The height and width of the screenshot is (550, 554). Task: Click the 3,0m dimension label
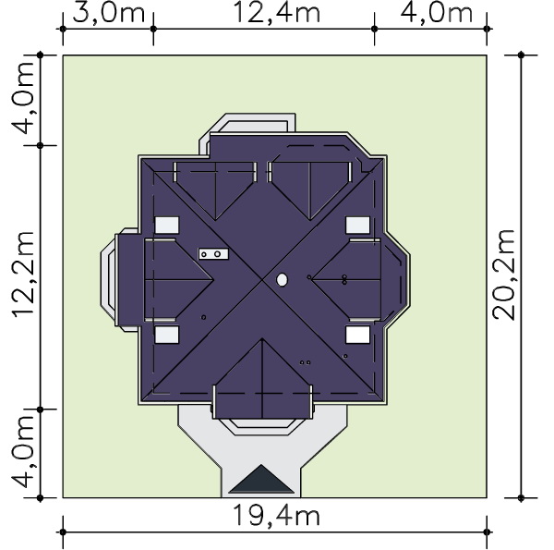109,14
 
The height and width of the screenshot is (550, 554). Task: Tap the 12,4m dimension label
277,14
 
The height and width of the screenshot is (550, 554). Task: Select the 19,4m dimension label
277,516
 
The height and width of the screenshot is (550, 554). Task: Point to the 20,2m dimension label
504,275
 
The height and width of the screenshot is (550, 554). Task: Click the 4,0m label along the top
437,14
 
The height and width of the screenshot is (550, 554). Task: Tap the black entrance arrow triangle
261,479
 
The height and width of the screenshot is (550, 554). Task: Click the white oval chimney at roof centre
282,280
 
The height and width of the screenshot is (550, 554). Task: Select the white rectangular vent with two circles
213,254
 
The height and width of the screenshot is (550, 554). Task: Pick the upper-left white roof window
167,225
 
